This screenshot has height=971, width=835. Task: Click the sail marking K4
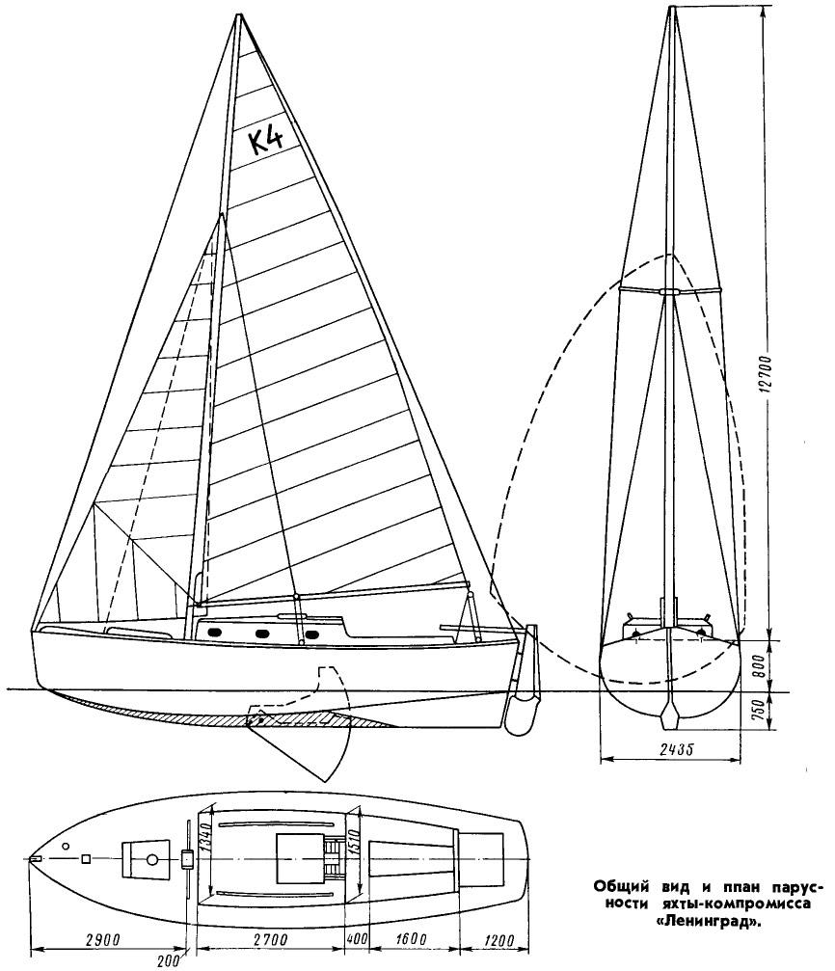(x=266, y=141)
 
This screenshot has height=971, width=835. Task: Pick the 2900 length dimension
(x=103, y=939)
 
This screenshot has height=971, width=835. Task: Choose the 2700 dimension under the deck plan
(x=271, y=939)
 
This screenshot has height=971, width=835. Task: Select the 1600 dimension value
(x=410, y=939)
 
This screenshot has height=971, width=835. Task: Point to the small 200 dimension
(x=167, y=961)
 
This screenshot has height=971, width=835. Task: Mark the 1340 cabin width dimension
(x=207, y=835)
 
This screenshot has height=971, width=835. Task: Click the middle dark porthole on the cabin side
(x=260, y=634)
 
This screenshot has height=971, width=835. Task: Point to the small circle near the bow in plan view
(x=66, y=846)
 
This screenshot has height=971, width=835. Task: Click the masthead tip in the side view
(x=238, y=14)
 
